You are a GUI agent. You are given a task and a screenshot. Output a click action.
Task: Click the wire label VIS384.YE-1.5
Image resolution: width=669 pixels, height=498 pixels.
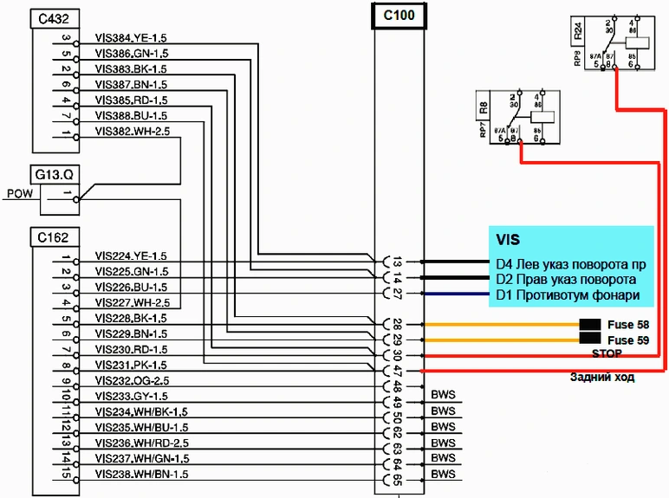131,39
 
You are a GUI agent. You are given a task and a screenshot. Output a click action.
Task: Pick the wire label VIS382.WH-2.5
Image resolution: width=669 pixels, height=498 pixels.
133,131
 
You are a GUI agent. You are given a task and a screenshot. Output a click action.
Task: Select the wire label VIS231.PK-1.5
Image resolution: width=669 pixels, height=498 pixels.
131,365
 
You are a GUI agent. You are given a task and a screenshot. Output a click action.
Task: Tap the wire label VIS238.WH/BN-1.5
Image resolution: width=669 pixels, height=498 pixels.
142,475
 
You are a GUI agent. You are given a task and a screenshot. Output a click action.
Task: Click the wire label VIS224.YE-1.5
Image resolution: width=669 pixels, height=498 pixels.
131,256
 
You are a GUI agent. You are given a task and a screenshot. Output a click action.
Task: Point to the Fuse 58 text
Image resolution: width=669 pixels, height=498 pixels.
636,325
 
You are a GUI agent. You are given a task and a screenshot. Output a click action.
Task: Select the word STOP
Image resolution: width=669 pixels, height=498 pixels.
607,354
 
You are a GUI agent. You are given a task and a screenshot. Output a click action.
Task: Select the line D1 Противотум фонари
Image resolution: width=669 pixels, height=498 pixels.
568,295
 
